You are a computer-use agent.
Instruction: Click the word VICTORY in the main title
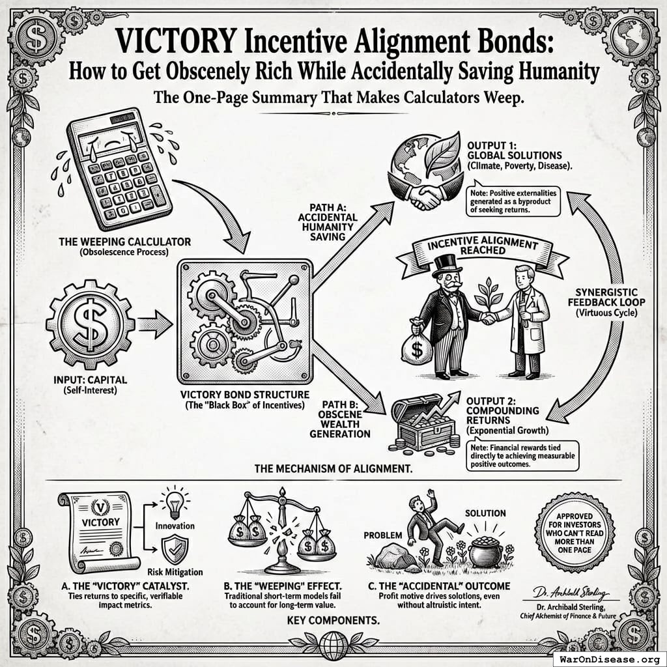point(171,44)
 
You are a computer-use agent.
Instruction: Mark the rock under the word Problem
point(395,557)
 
